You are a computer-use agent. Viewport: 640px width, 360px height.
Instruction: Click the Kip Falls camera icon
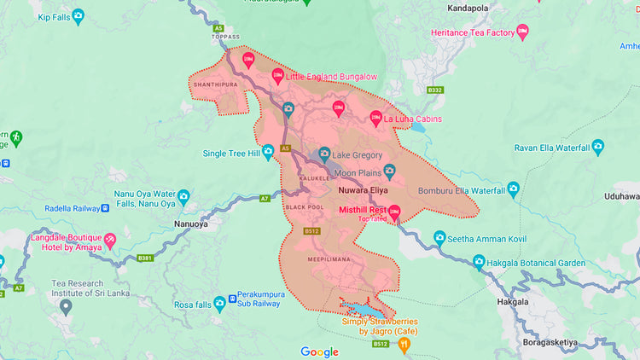coord(79,15)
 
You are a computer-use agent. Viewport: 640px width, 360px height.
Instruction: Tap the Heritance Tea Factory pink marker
coord(523,32)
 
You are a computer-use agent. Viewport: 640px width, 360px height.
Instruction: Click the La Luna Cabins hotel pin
coord(375,118)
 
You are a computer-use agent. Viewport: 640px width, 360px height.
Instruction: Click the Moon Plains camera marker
coord(390,171)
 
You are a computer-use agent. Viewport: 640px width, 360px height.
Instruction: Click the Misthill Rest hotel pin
coord(394,212)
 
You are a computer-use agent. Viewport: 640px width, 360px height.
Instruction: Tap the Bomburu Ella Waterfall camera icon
coord(514,189)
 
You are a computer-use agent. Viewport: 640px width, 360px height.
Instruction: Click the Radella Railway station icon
coord(105,207)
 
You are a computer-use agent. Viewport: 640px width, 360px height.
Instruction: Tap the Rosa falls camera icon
coord(220,303)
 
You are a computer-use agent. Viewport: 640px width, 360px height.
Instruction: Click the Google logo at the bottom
coord(319,351)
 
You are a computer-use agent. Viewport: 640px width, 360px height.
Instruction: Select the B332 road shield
coord(435,90)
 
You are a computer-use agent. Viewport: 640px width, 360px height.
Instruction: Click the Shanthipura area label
coord(213,85)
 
